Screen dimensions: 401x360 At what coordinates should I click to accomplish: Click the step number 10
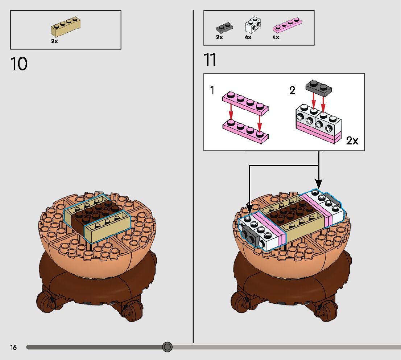click(x=19, y=64)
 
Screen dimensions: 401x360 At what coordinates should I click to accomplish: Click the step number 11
click(x=210, y=60)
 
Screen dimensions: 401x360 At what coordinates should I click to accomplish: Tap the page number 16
click(x=13, y=347)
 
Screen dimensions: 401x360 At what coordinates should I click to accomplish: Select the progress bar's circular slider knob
click(x=167, y=347)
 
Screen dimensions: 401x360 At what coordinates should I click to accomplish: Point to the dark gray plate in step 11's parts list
click(x=224, y=27)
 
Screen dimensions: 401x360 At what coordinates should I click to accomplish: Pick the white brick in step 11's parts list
click(x=253, y=25)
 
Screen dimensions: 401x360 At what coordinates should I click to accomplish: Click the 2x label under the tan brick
click(x=54, y=41)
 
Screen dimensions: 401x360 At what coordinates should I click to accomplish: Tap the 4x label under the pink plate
click(x=276, y=37)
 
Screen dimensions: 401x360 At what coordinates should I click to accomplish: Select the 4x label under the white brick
click(x=248, y=37)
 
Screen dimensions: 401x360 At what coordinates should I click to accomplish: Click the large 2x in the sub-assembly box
click(x=352, y=141)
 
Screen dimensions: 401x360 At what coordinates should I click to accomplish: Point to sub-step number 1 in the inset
click(x=212, y=91)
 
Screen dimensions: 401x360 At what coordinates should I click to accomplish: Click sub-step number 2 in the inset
click(x=292, y=91)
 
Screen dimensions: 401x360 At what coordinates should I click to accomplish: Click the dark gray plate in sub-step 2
click(x=319, y=87)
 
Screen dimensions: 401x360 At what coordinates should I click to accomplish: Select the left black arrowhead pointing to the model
click(x=249, y=209)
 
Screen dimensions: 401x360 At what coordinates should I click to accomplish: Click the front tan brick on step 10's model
click(x=107, y=228)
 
